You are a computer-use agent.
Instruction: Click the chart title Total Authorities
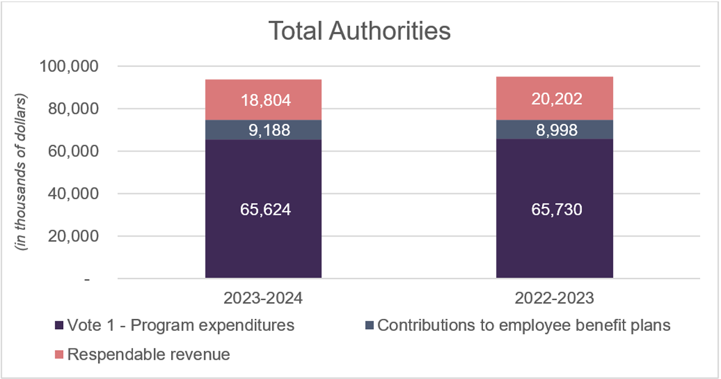tap(359, 31)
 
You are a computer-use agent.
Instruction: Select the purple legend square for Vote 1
tap(59, 325)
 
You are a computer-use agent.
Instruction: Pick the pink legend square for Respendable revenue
tap(59, 355)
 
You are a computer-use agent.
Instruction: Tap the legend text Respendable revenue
tap(148, 355)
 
